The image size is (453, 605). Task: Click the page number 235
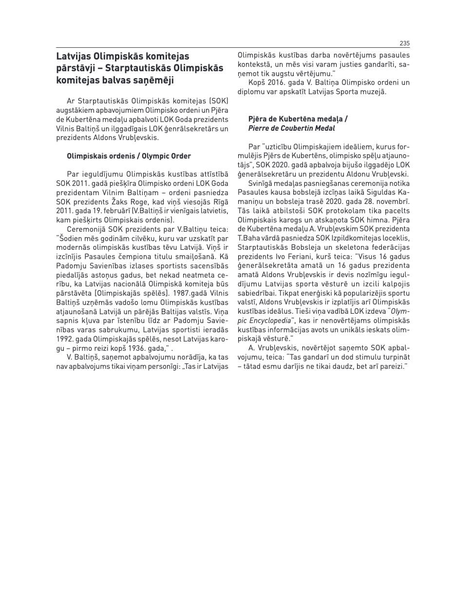click(x=404, y=43)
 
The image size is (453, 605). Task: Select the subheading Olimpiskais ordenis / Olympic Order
click(x=129, y=156)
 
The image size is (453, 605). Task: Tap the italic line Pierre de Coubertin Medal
click(x=291, y=128)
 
